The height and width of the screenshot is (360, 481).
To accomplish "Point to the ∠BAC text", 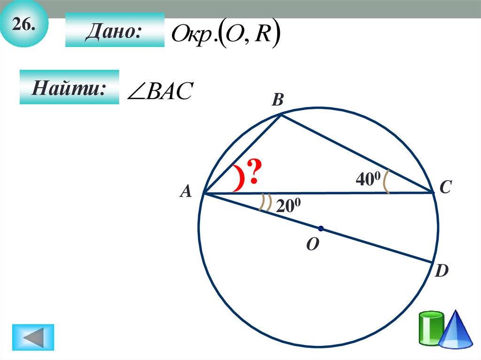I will pyautogui.click(x=160, y=92).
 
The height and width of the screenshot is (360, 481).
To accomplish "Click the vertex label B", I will pyautogui.click(x=278, y=100).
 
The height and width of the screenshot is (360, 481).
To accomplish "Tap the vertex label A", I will pyautogui.click(x=186, y=191).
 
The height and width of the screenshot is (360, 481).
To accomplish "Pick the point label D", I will pyautogui.click(x=441, y=271).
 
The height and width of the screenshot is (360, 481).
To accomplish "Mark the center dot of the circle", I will pyautogui.click(x=321, y=229).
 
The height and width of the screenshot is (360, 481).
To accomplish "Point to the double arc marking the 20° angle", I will pyautogui.click(x=266, y=203).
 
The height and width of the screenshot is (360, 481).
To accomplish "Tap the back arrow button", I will pyautogui.click(x=33, y=337).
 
